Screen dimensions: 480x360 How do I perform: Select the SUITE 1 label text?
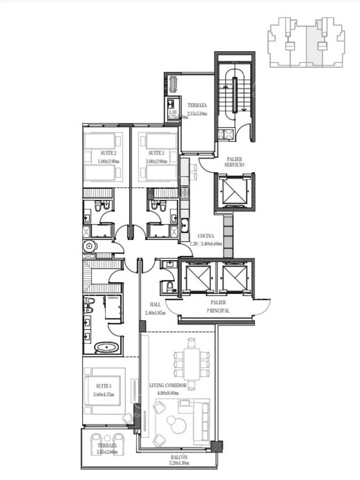(x=103, y=386)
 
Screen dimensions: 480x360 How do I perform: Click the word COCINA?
(x=206, y=236)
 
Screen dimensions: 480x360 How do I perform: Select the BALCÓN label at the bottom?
(x=179, y=458)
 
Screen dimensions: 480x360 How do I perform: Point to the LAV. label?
(x=172, y=113)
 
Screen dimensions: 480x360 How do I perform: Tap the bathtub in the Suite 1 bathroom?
(x=108, y=348)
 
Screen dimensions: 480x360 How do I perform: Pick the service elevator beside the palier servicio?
(x=234, y=191)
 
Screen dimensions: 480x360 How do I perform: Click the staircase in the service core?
(x=234, y=93)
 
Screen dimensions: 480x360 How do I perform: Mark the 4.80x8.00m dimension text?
(x=167, y=394)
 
